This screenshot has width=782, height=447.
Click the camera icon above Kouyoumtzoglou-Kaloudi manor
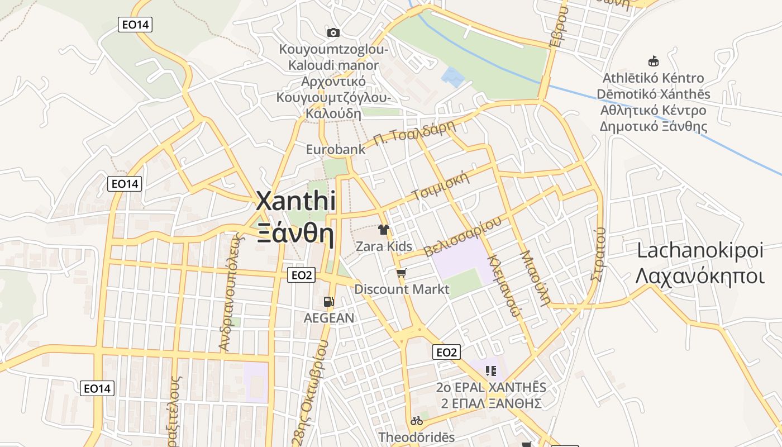click(x=333, y=32)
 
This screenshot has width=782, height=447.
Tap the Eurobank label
click(x=336, y=149)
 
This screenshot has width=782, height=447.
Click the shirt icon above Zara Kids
click(x=383, y=229)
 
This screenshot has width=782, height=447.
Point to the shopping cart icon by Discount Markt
click(x=401, y=273)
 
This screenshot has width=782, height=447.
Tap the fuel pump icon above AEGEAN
click(x=328, y=302)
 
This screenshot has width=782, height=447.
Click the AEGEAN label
click(x=328, y=318)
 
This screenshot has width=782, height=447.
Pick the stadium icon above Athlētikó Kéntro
click(x=652, y=61)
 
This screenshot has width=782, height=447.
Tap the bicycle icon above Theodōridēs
click(x=417, y=421)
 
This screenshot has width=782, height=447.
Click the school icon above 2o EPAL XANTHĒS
click(x=491, y=370)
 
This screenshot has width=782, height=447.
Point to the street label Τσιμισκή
click(x=439, y=187)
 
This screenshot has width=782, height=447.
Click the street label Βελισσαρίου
click(x=463, y=237)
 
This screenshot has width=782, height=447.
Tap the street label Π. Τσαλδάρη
click(x=414, y=134)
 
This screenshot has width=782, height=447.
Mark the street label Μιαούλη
click(x=536, y=277)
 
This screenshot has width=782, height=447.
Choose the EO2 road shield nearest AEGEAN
click(x=302, y=275)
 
